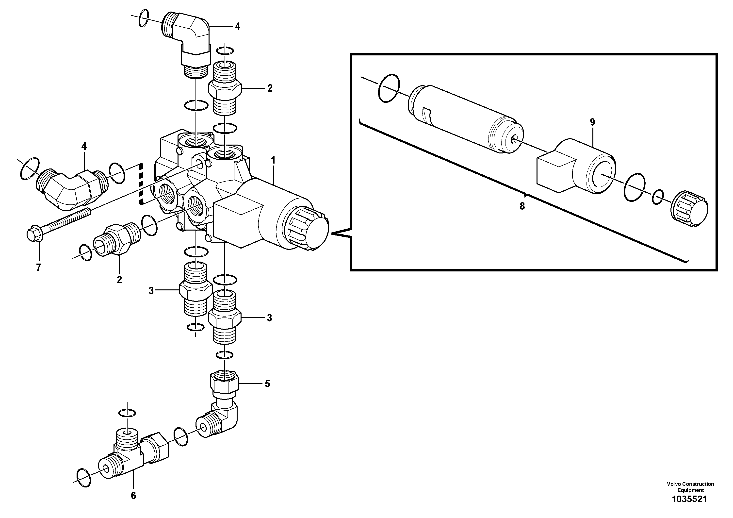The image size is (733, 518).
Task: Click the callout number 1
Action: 273,160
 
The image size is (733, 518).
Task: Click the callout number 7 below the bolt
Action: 39,267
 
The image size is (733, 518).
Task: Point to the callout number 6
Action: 133,495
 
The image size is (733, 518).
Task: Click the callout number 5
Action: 267,384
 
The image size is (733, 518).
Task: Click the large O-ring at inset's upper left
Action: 388,88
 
